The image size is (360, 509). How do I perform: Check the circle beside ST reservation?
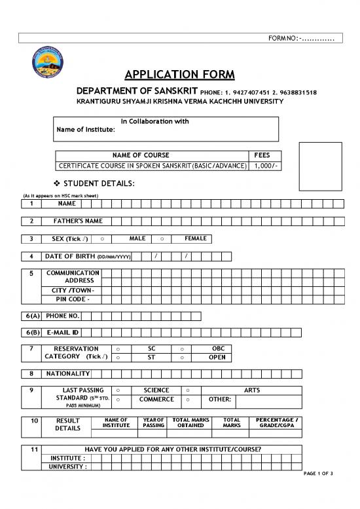[x=117, y=358]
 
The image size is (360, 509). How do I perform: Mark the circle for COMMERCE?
[x=117, y=399]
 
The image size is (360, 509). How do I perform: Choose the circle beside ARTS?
[x=188, y=390]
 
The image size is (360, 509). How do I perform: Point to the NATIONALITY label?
[x=68, y=373]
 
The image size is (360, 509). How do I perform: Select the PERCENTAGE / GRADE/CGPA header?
[x=278, y=423]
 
